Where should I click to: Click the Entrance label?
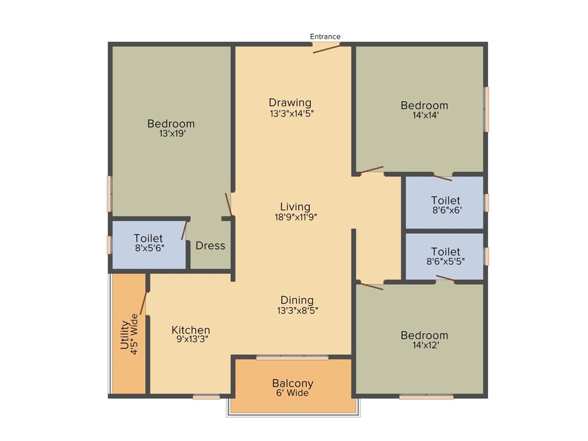pos(325,37)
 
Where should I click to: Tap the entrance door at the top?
pos(326,48)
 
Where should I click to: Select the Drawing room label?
pos(290,103)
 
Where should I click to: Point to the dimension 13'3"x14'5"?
pos(292,113)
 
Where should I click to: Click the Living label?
pos(295,207)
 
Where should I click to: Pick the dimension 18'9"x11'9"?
pos(296,217)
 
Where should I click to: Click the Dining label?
pos(297,300)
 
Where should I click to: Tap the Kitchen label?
pos(191,330)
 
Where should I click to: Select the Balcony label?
pos(293,384)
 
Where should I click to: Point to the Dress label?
pos(210,246)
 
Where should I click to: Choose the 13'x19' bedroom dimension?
pos(171,133)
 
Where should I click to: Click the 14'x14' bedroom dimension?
pos(424,115)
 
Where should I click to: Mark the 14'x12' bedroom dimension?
pos(424,345)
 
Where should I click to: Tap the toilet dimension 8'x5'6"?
pos(148,248)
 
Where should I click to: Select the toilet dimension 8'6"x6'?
pos(446,210)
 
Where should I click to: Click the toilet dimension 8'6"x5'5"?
pos(446,261)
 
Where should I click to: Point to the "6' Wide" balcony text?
pos(293,393)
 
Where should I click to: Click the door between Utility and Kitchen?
pos(144,303)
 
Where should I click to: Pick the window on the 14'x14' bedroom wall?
pos(486,109)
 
